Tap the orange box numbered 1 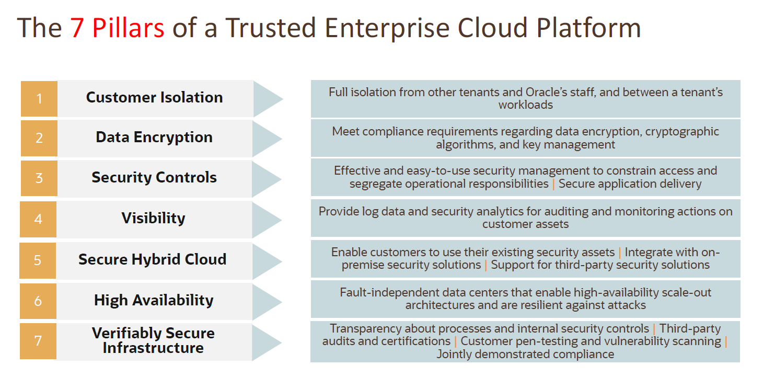[39, 98]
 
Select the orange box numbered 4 [38, 219]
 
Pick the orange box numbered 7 [38, 341]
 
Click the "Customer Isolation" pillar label [154, 97]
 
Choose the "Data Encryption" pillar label [154, 137]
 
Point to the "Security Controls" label [154, 177]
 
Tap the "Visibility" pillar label [153, 218]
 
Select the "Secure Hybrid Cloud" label [152, 259]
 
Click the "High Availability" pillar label [154, 300]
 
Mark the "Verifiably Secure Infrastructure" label [153, 340]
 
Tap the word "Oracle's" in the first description [579, 93]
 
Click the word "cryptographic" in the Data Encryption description [682, 132]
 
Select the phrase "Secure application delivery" [630, 184]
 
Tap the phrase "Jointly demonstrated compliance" [525, 354]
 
